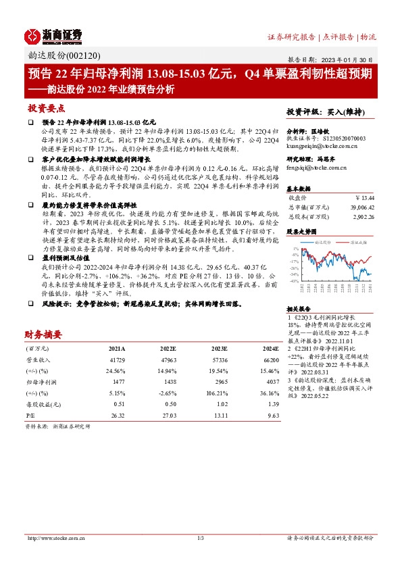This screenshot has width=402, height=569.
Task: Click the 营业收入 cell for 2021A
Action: pos(117,362)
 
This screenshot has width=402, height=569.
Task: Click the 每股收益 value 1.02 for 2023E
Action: pos(220,403)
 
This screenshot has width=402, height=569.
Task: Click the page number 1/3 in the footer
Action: pos(200,538)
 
